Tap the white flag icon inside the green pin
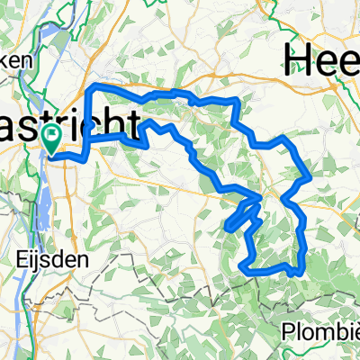point(52,137)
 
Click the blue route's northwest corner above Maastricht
point(96,85)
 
